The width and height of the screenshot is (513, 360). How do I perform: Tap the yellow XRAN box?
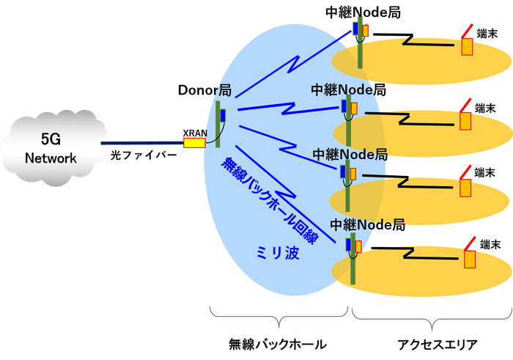(x=193, y=142)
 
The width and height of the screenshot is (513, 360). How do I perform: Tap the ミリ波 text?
(x=276, y=253)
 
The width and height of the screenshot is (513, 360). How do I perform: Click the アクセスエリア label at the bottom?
(x=429, y=342)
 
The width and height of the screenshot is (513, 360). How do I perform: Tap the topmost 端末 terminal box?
(x=466, y=47)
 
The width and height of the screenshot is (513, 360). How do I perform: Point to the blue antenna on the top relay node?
(x=355, y=29)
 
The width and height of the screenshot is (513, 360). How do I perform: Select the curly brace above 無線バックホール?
(x=278, y=317)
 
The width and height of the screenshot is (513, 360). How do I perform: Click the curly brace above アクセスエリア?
(x=429, y=317)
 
